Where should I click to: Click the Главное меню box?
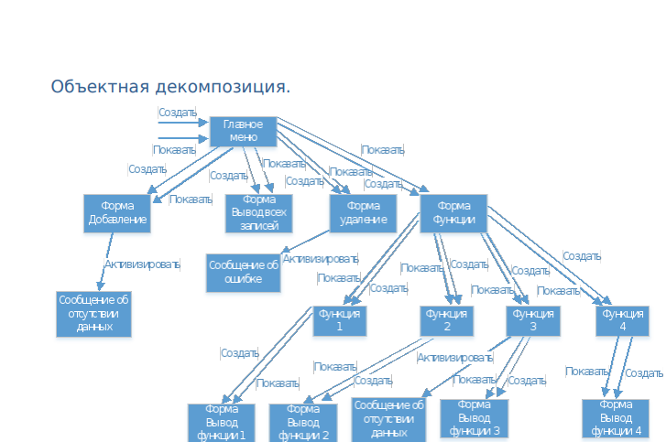[243, 132]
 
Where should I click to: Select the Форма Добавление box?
[116, 212]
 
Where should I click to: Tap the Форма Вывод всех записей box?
[259, 212]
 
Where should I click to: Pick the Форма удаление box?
[363, 212]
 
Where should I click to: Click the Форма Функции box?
[453, 212]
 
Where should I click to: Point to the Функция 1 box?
[340, 319]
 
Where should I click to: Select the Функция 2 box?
[447, 319]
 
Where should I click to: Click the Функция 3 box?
[532, 319]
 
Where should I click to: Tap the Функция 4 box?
[623, 319]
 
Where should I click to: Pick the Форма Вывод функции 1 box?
[221, 422]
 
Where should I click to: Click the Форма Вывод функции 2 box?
[302, 422]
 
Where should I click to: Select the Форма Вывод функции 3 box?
[474, 418]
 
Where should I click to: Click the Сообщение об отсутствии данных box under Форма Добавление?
[94, 313]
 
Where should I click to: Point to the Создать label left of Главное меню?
[177, 113]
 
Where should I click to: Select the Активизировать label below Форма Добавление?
[142, 264]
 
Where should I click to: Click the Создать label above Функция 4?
[582, 256]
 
